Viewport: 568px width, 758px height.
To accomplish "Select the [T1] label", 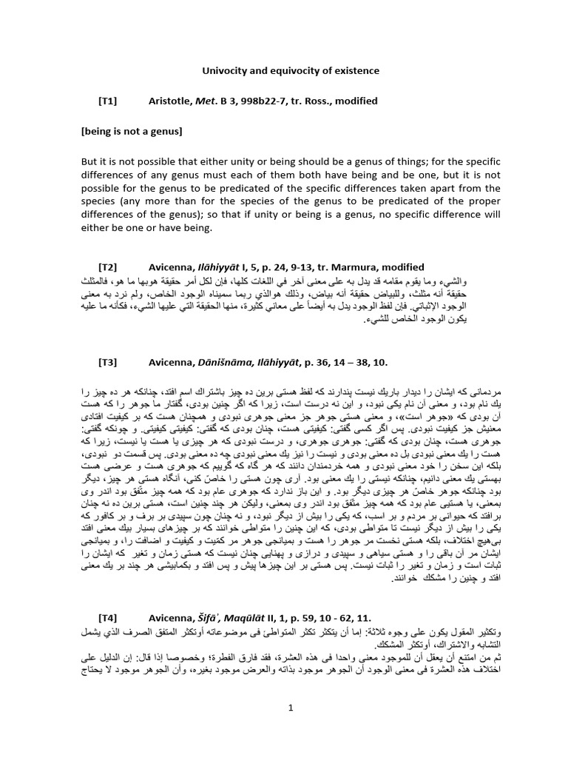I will click(108, 101).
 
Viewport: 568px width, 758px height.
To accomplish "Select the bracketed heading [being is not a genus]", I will click(132, 131).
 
